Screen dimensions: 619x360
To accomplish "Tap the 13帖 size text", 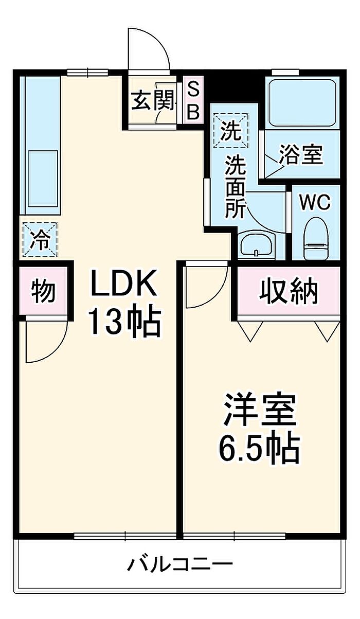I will pos(123,322).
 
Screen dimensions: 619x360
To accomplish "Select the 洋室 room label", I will pos(260,410).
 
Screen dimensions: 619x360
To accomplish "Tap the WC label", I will pos(315,203).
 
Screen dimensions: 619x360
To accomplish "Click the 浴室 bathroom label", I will pos(301,154).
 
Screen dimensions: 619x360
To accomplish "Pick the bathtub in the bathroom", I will pos(302,102).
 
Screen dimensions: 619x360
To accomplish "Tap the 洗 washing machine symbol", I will pos(230,132).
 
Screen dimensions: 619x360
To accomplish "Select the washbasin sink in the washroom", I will pos(257,245).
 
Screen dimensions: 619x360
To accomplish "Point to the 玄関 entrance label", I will pos(153,101).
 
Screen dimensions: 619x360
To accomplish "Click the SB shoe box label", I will pos(193,101).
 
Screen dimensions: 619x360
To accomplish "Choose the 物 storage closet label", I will pos(43,292).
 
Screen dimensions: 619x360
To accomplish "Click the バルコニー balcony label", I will pos(179,565).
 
